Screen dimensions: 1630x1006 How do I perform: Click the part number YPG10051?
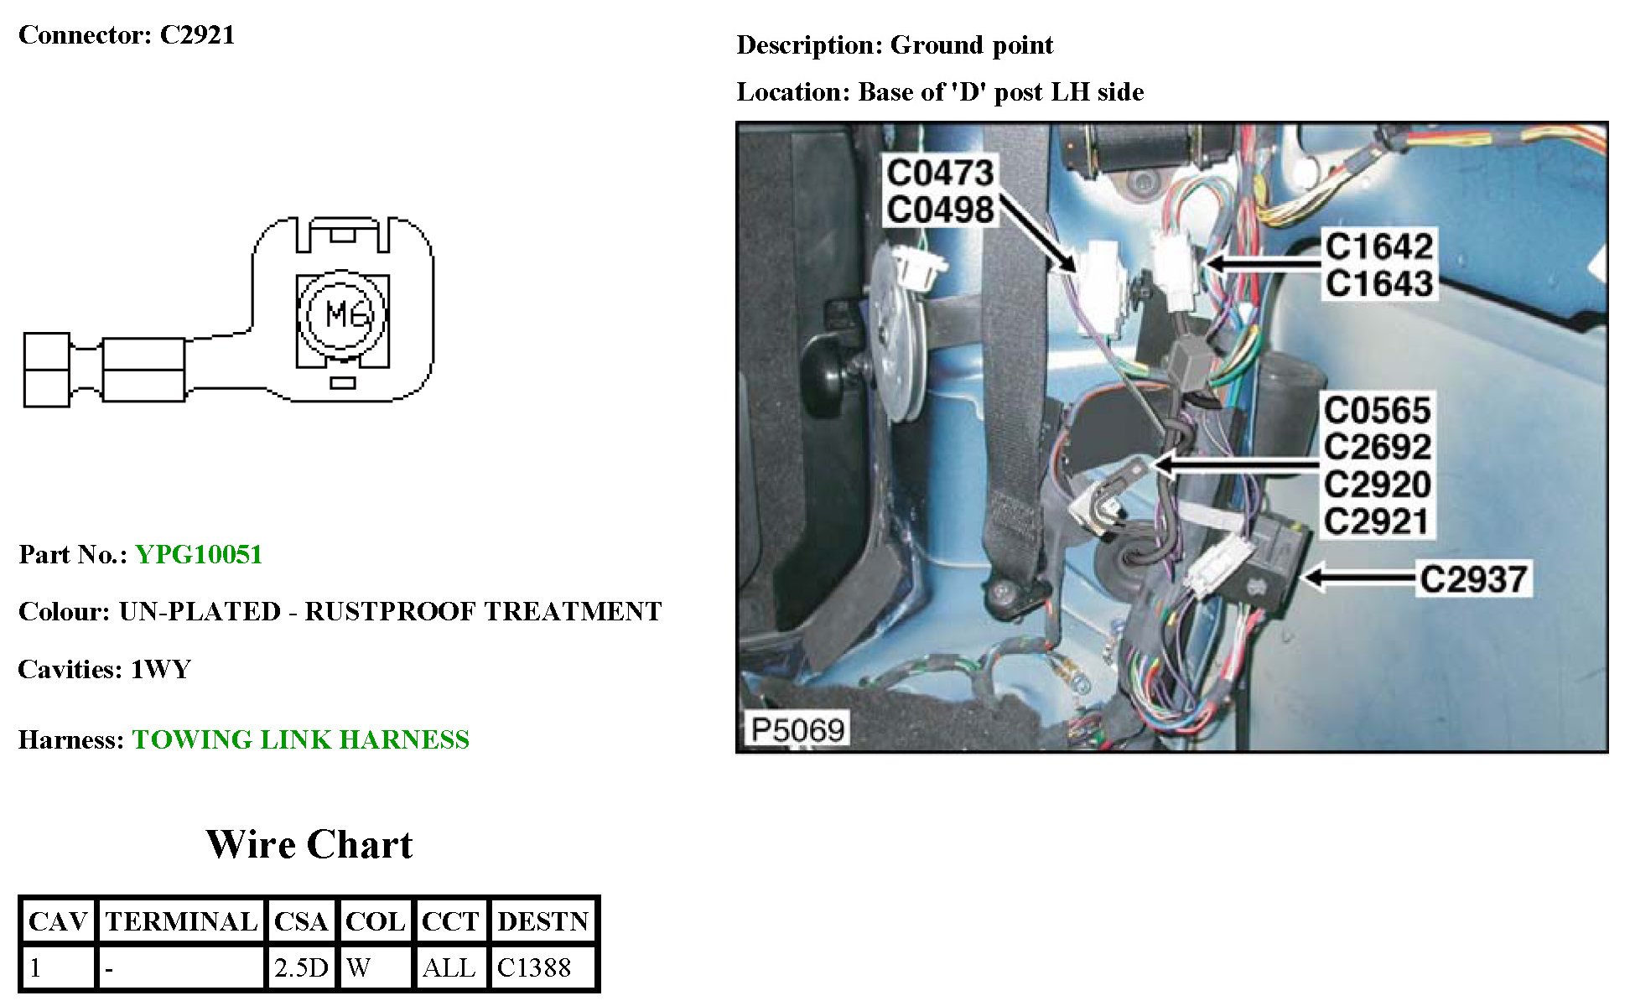click(x=199, y=554)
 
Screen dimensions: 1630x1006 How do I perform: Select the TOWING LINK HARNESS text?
click(x=300, y=739)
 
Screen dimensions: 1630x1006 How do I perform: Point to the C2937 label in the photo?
click(x=1473, y=578)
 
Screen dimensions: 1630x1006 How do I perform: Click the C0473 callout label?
click(x=940, y=173)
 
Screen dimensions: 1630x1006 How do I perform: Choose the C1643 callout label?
click(x=1378, y=283)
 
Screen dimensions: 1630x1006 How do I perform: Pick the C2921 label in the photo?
click(x=1376, y=521)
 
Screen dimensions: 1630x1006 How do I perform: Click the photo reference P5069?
click(x=797, y=729)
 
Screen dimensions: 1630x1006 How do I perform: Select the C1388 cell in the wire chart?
click(x=534, y=967)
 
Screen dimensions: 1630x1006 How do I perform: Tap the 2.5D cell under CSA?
click(x=301, y=967)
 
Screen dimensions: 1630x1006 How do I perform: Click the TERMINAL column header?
click(x=181, y=921)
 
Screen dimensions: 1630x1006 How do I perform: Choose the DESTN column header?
click(x=543, y=921)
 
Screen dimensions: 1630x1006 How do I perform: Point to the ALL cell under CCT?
click(x=449, y=967)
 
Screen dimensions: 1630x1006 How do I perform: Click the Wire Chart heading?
click(x=309, y=844)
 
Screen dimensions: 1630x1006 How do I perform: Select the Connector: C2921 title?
click(x=127, y=34)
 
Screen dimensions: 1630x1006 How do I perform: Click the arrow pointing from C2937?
click(x=1358, y=577)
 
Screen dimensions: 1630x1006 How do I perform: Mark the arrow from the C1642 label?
click(x=1262, y=263)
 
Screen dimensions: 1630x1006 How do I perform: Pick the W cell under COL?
click(x=359, y=967)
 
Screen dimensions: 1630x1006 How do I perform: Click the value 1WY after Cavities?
click(x=161, y=669)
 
